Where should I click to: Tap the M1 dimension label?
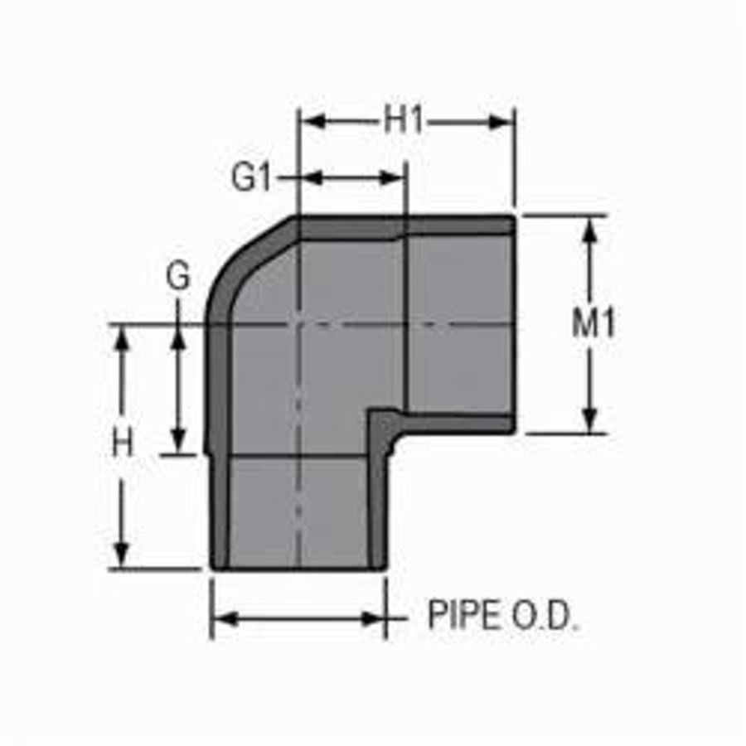pos(593,324)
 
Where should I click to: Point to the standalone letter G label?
pos(178,278)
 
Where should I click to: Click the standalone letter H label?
pos(123,444)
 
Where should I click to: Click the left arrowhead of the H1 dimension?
pos(310,123)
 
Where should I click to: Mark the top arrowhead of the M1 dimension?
pos(590,229)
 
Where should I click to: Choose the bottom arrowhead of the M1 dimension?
pos(590,421)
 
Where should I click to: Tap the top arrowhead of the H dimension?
pos(123,337)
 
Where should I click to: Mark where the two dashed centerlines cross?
pos(298,324)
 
